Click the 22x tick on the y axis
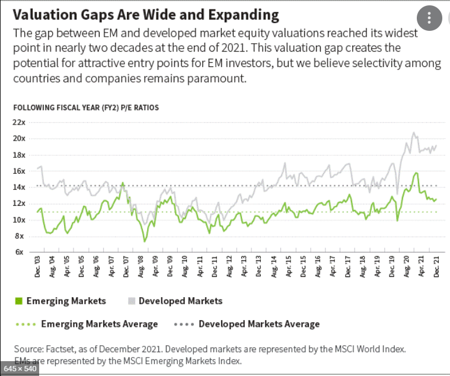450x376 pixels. (19, 122)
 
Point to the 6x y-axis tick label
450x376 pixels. (20, 252)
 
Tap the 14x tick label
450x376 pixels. (19, 187)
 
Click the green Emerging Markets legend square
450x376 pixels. (18, 301)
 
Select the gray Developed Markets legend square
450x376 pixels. (132, 301)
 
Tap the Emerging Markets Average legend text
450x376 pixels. (99, 324)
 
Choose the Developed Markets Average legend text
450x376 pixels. (259, 324)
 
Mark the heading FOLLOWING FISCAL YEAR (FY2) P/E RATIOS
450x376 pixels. (86, 107)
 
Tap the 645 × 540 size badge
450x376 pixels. (20, 369)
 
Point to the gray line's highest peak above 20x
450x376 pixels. (413, 133)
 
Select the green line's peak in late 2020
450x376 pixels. (416, 173)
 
